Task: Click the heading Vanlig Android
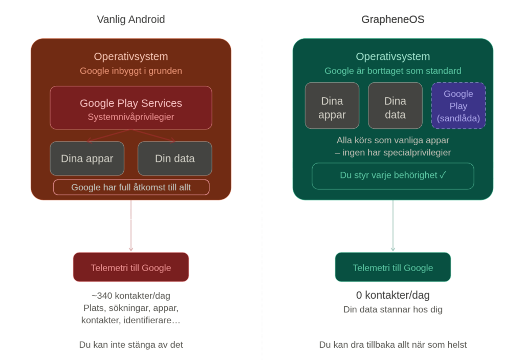[131, 20]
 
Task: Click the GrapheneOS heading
[392, 20]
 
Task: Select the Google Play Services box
[131, 107]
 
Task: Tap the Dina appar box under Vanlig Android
[87, 159]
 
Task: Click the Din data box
[174, 159]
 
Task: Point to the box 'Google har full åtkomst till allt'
[131, 187]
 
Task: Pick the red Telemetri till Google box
[131, 267]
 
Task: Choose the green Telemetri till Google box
[392, 267]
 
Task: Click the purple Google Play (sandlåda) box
[458, 106]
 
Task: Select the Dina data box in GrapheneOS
[395, 106]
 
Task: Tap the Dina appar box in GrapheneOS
[332, 106]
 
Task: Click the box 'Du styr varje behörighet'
[392, 175]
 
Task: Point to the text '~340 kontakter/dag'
[131, 296]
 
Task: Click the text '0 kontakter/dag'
[392, 296]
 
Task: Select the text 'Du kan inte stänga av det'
[131, 345]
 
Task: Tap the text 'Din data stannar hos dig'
[392, 309]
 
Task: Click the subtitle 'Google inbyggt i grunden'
[131, 71]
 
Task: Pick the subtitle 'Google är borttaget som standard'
[392, 71]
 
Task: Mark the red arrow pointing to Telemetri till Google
[131, 225]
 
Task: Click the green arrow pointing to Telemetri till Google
[392, 225]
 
